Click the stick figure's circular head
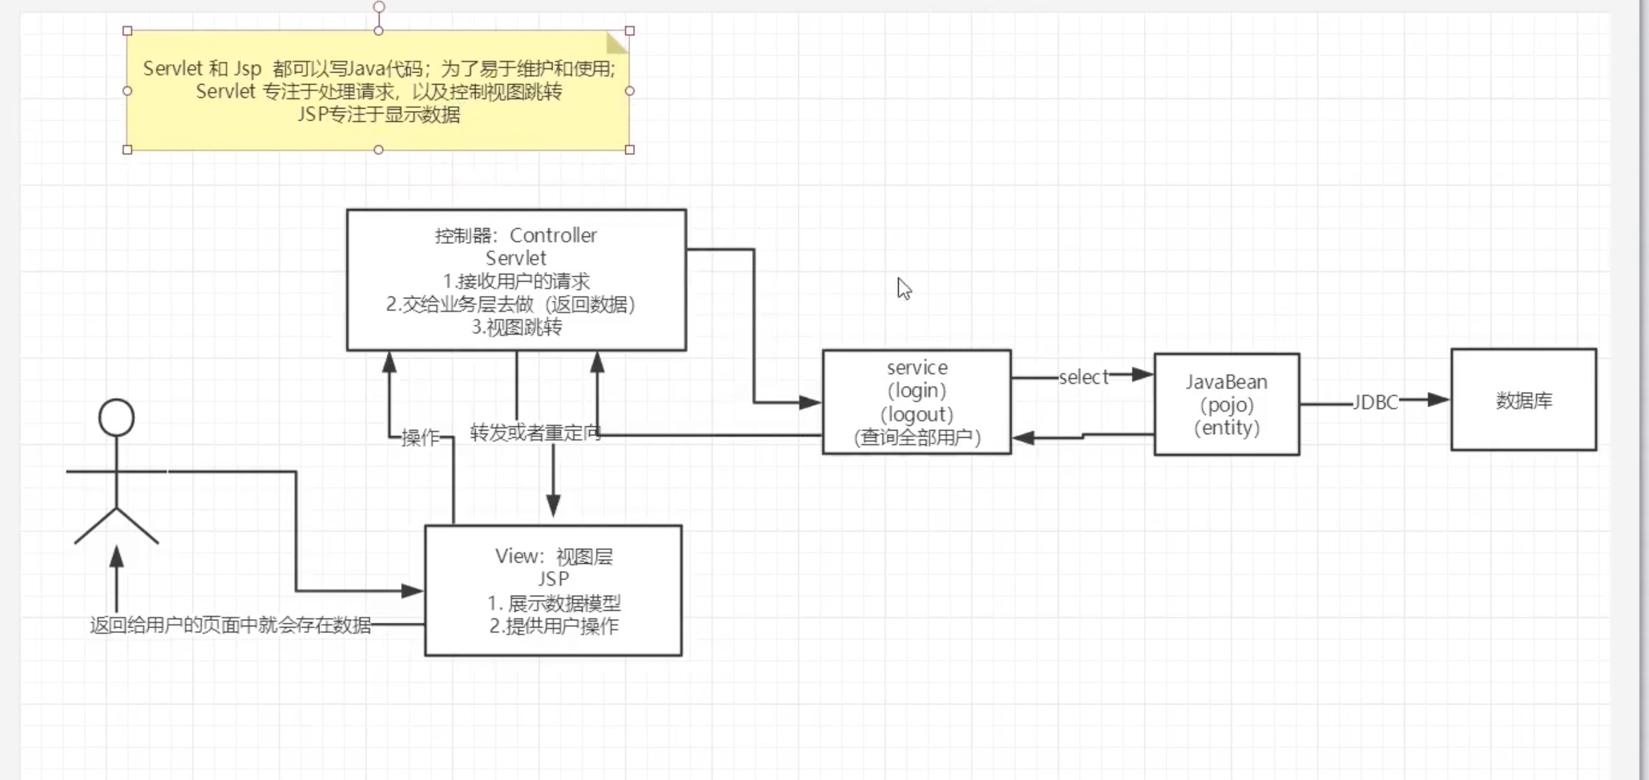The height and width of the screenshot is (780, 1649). pos(116,418)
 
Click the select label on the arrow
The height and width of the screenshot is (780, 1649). pos(1083,377)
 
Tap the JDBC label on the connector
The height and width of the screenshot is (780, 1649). pos(1375,403)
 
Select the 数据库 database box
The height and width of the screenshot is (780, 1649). pos(1523,400)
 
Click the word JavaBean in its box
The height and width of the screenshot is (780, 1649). pos(1226,382)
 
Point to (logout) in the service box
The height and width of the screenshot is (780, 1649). pos(917,415)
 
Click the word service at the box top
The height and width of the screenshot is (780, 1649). pos(917,368)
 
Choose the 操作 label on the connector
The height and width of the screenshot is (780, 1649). pos(420,437)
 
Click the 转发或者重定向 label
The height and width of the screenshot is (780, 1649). pos(534,433)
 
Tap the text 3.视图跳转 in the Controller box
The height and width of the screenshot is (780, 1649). pos(517,327)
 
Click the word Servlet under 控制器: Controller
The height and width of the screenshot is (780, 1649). pos(516,258)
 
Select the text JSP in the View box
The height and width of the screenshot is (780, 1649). pos(553,579)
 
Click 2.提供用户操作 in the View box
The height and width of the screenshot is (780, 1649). pos(554,625)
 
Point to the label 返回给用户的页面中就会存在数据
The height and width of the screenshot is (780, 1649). pos(231,625)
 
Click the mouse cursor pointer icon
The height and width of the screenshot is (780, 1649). pos(903,287)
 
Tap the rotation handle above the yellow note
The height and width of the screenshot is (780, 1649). pos(378,7)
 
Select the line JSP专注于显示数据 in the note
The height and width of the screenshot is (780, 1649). pos(378,115)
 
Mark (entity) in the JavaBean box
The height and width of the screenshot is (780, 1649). pos(1226,428)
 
